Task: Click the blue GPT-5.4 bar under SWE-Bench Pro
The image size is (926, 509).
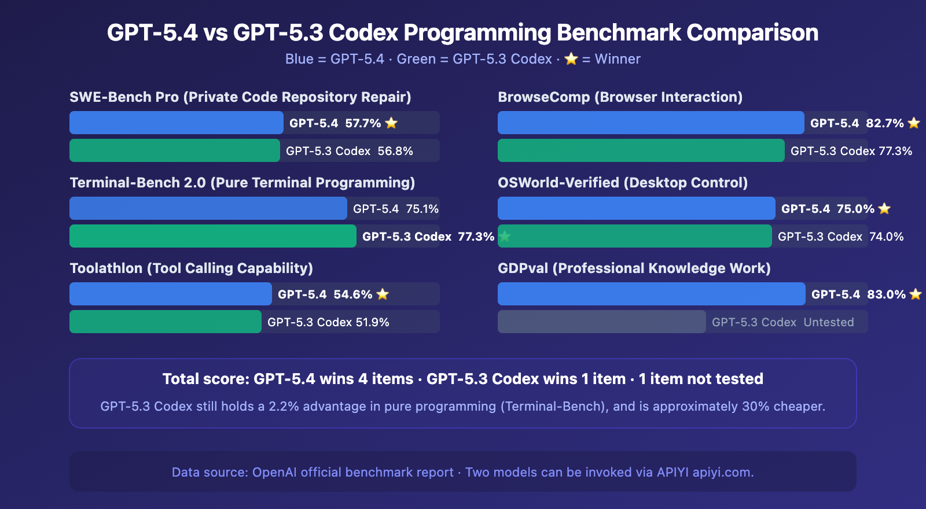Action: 176,123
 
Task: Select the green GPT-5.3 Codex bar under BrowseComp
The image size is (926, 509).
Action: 641,150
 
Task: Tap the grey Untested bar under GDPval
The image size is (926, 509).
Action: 601,322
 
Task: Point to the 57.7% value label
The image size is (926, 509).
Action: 363,123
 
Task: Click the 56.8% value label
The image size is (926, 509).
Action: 395,151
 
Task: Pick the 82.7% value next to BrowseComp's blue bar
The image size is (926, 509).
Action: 884,123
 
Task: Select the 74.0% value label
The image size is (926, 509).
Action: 886,237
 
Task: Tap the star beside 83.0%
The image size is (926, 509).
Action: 915,294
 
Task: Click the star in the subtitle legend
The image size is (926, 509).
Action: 571,59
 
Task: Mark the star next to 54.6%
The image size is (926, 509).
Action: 383,294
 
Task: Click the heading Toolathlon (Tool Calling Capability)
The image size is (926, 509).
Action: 191,268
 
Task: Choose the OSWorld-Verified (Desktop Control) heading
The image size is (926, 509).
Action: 622,183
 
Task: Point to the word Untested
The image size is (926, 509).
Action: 828,322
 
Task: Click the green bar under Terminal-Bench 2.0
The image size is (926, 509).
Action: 212,236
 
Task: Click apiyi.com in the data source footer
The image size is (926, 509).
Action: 722,472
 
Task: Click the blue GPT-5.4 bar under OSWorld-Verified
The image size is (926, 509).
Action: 636,208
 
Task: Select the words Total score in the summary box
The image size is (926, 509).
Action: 205,379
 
